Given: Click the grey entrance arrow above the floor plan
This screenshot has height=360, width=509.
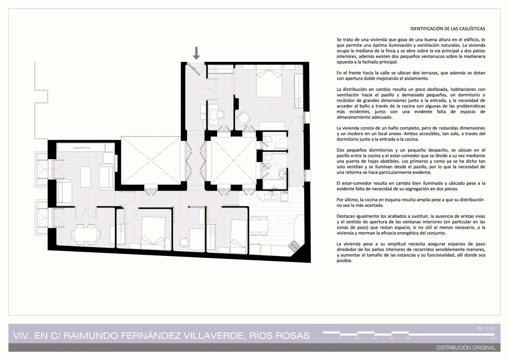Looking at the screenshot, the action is (196, 53).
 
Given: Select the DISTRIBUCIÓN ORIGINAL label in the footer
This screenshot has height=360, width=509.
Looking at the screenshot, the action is (466, 348).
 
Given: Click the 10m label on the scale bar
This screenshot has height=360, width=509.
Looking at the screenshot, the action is (493, 338).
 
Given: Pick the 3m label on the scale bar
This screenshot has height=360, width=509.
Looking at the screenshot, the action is (375, 338).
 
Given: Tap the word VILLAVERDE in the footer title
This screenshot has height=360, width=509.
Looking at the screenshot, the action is (214, 336).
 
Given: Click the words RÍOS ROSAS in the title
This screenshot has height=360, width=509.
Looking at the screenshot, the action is (280, 336).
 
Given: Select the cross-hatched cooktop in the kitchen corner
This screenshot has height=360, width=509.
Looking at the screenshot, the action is (294, 246).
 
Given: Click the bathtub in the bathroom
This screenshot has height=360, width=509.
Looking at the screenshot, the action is (274, 184).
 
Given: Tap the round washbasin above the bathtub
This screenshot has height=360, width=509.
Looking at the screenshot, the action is (283, 174).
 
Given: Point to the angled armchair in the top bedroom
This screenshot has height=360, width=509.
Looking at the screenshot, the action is (243, 118).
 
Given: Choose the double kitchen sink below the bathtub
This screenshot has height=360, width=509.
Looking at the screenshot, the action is (271, 196).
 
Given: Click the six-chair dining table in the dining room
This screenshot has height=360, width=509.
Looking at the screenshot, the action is (86, 234).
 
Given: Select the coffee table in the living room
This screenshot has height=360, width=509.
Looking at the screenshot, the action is (85, 177).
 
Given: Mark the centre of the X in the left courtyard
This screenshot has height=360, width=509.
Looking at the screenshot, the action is (151, 160).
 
